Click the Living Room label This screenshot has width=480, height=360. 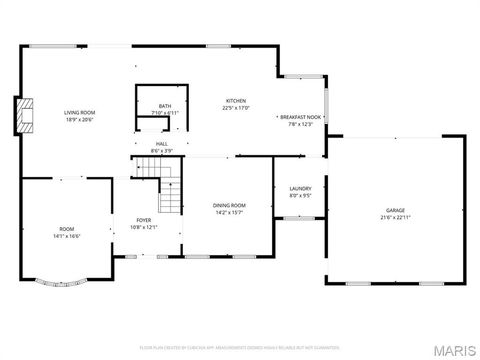(78, 112)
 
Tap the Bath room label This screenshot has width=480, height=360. (165, 107)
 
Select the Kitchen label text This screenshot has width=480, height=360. (236, 101)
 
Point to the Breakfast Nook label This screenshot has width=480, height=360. (300, 117)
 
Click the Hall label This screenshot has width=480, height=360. (161, 144)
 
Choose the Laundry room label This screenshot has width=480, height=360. (300, 188)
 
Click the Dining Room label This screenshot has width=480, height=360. (229, 205)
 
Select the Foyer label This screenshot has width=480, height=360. (145, 220)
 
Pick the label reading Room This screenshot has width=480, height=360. (66, 229)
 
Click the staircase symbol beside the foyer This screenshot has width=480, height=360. (172, 192)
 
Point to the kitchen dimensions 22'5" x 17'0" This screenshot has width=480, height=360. (236, 108)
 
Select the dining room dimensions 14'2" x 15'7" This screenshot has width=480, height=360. (229, 212)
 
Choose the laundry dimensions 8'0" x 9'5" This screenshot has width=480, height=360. (300, 195)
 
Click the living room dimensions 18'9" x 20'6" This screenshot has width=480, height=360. (78, 119)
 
